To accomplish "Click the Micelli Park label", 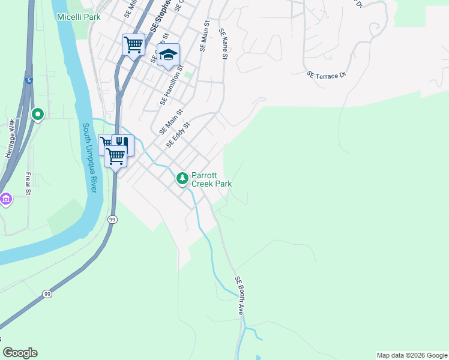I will pos(79,17).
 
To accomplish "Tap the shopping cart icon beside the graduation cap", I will pos(133,44).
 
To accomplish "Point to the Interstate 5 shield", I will pos(29,79).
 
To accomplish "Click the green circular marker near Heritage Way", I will pos(38,114).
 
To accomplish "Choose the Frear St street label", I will pos(28,184).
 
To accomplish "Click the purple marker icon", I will pos(6,199).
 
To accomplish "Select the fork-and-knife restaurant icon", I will pos(122,143).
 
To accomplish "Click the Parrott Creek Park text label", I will pos(211,180).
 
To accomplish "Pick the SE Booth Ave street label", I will pos(240,296).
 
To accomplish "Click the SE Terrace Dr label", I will pos(327,75).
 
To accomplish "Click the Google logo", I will pos(20,353).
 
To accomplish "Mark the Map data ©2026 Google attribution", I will pos(412,355).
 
